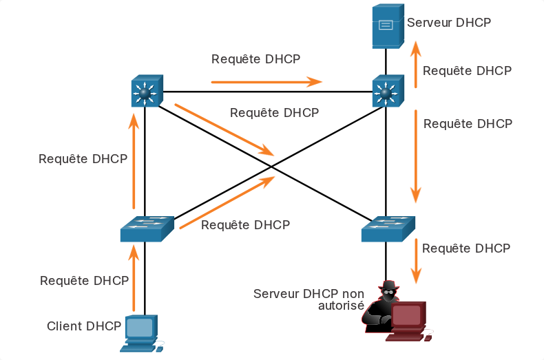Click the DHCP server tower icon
pos(388,26)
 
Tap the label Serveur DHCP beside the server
pos(449,23)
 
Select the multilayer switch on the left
pos(147,91)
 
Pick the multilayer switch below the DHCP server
pos(388,91)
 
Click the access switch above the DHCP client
pos(147,229)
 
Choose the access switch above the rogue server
pos(388,229)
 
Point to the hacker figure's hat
pos(388,286)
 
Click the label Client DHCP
pos(84,326)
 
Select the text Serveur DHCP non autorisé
pos(308,299)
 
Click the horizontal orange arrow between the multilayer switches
pos(266,82)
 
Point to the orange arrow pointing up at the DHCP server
pos(416,65)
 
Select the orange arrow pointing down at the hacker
pos(416,261)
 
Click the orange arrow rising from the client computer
pos(134,278)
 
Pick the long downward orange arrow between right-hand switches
pos(416,156)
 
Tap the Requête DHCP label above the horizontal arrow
pos(255,59)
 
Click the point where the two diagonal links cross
pos(271,167)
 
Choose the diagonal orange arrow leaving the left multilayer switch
pos(224,129)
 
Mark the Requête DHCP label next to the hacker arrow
pos(466,248)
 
